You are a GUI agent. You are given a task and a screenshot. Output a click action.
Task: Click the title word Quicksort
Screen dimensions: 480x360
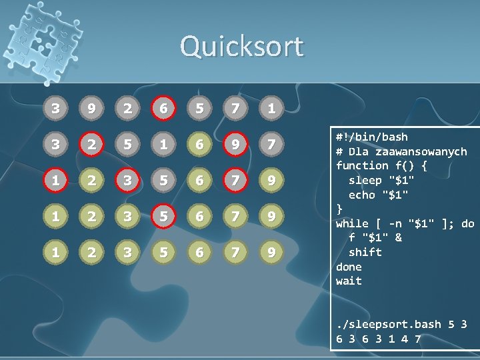(x=241, y=47)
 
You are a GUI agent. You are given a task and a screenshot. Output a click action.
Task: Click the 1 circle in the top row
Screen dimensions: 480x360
(x=270, y=107)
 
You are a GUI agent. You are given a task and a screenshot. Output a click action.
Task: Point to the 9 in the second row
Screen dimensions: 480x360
(x=235, y=145)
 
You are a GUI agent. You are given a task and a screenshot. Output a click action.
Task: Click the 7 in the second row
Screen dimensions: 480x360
(x=270, y=145)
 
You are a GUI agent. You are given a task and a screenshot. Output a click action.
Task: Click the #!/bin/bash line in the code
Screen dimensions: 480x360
(x=372, y=137)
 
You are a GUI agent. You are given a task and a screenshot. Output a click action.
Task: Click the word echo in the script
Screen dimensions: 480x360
(x=363, y=195)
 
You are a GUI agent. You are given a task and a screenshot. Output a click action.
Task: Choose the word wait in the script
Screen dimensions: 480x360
(x=349, y=281)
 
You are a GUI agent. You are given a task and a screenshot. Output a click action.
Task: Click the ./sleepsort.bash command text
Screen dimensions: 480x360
(x=389, y=324)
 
